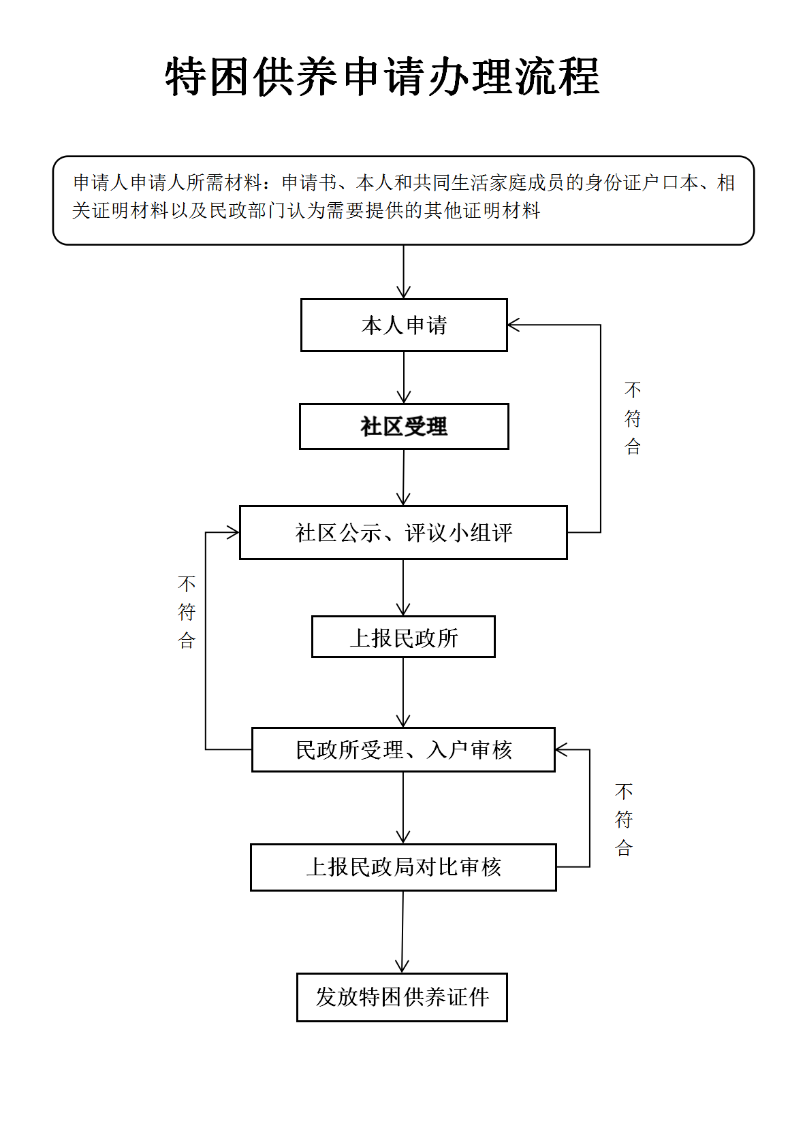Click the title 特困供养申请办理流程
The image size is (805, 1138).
pos(382,76)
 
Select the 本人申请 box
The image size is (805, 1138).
pos(404,325)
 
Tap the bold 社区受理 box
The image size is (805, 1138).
pos(404,426)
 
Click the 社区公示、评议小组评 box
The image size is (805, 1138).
pos(403,532)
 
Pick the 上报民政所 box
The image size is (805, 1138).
pos(403,637)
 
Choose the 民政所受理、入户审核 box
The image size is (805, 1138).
pos(403,750)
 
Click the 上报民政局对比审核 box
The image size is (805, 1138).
pos(403,867)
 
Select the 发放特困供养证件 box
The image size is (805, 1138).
pos(402,997)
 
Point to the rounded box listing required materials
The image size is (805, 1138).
pos(403,200)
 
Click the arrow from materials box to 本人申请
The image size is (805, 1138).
pos(403,272)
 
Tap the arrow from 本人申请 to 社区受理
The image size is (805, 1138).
pos(404,378)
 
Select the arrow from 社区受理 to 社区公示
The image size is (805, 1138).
pos(403,478)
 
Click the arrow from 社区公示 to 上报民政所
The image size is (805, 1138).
pos(403,588)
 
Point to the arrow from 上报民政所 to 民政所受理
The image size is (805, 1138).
pos(403,693)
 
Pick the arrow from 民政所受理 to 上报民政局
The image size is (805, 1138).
pos(403,808)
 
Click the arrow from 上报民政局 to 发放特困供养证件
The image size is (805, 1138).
pos(402,932)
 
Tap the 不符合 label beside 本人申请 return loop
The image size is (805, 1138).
pos(632,418)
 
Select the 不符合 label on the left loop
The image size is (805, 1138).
pos(187,612)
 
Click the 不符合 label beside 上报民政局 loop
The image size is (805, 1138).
pos(624,819)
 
